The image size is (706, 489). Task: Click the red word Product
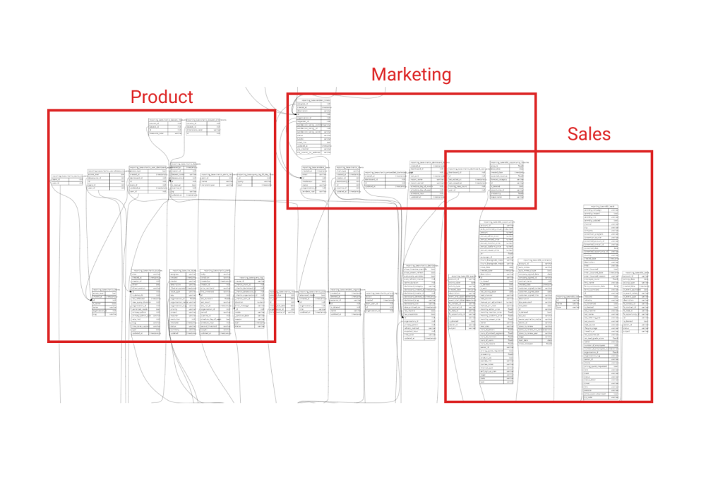[x=161, y=97]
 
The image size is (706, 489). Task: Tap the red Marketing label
[x=411, y=75]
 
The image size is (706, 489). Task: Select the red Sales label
[x=590, y=135]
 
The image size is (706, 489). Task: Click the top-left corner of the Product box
[x=48, y=110]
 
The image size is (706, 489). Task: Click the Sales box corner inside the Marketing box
[x=445, y=152]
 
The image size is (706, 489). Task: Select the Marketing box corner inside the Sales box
[x=535, y=208]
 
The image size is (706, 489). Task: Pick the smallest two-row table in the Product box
[x=63, y=182]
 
